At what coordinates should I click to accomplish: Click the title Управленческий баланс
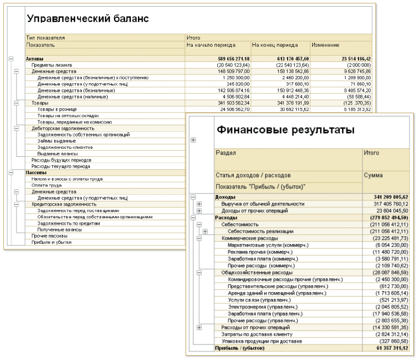(x=87, y=18)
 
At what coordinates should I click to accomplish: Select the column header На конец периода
(x=275, y=45)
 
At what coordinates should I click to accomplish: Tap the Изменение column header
(x=325, y=45)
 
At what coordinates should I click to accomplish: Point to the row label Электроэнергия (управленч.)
(x=259, y=307)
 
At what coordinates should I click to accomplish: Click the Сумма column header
(x=373, y=175)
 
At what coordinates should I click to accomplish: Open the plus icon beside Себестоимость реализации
(x=205, y=231)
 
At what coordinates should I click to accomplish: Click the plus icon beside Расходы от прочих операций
(x=199, y=327)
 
